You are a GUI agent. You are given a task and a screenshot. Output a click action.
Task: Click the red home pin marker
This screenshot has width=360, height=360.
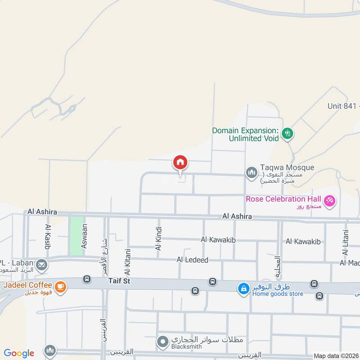pos(180,163)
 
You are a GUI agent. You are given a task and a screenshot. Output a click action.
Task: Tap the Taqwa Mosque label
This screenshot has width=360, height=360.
pos(287,167)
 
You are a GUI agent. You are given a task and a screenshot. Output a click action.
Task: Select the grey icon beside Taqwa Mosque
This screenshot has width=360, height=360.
pos(251,173)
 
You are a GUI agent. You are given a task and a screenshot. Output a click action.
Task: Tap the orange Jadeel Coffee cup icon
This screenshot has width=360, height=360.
pos(60,286)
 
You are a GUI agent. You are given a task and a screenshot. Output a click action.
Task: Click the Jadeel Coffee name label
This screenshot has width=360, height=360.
pos(28,285)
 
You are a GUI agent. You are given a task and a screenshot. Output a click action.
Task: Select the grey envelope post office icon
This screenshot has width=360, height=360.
pos(42,264)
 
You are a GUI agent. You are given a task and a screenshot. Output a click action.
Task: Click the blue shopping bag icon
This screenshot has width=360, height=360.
pos(243,288)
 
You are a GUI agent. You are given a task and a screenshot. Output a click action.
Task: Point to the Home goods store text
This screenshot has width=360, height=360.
pos(277,294)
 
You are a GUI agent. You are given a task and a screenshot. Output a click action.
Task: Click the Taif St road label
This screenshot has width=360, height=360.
pos(119,281)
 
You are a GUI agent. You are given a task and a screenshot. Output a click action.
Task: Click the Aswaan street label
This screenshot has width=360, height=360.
pos(84,236)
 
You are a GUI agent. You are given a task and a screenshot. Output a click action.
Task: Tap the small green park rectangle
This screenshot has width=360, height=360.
pos(76,236)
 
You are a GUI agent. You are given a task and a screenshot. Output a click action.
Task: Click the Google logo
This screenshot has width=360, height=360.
pos(18,353)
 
